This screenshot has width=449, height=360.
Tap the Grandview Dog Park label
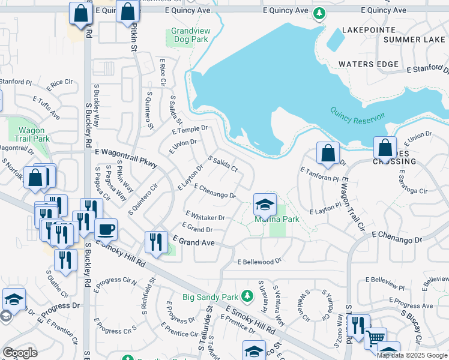[188, 35]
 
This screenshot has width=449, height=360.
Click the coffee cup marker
[106, 230]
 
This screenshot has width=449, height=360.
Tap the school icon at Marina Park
[265, 205]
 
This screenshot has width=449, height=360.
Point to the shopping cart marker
[375, 338]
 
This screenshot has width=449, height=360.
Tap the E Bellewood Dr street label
[260, 262]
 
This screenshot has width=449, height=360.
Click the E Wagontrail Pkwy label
[125, 157]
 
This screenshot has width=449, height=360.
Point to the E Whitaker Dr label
[205, 216]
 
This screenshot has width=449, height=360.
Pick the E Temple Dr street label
[189, 130]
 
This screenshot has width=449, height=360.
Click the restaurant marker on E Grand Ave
[156, 242]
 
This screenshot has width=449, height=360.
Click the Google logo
[20, 353]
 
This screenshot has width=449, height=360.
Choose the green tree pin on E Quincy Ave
[320, 13]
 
